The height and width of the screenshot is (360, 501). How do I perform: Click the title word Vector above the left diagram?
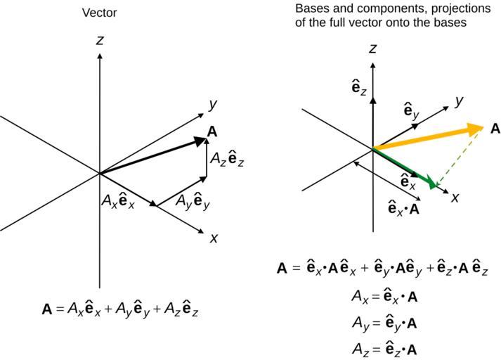[100, 13]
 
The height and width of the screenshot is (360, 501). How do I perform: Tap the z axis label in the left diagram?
[100, 40]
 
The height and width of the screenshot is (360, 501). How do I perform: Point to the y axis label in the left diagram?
[212, 104]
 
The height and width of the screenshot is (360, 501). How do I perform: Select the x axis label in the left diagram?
[214, 238]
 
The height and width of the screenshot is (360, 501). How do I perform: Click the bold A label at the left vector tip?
[212, 131]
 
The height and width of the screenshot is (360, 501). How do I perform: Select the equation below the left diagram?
[120, 308]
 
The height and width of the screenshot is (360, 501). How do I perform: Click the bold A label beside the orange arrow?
[495, 129]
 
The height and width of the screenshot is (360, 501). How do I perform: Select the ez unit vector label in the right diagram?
[359, 87]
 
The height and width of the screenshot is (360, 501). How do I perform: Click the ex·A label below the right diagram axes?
[404, 208]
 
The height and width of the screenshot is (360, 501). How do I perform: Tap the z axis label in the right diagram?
[373, 48]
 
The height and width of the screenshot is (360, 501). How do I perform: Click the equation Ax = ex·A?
[385, 296]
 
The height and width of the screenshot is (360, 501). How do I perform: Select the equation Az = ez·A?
[385, 348]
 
